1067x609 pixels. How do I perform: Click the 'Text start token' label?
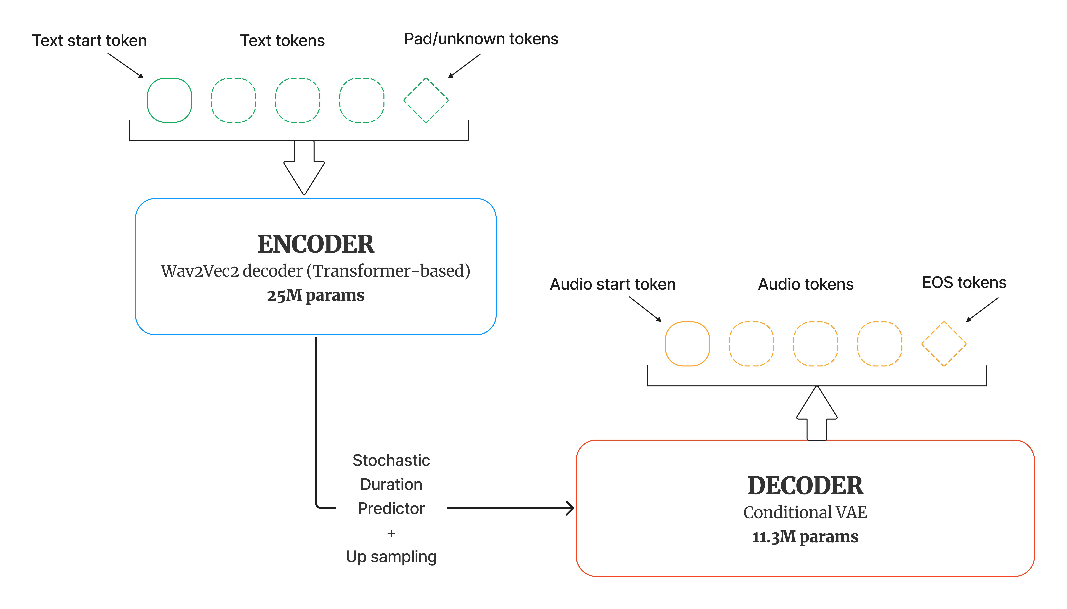coord(89,41)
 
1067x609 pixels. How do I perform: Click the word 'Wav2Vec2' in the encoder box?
coord(199,271)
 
